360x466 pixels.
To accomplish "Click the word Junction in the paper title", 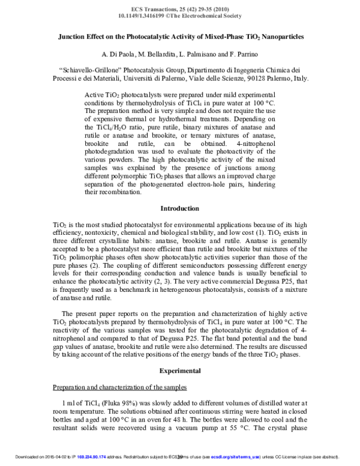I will [74, 37].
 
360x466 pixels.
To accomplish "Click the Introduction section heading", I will [180, 208].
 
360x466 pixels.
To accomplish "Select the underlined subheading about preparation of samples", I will [119, 386].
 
